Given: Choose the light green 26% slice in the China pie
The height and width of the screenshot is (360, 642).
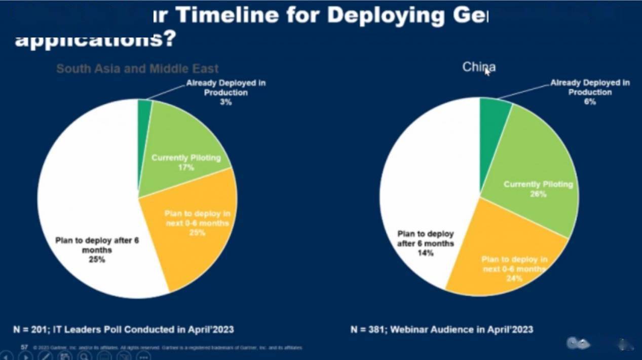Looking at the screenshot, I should [x=537, y=167].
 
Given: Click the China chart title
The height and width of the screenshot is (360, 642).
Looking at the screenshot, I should [x=478, y=67].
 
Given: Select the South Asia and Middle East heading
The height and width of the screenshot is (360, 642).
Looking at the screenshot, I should [x=137, y=69].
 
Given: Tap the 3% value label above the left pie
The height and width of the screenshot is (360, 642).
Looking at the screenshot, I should [x=225, y=102].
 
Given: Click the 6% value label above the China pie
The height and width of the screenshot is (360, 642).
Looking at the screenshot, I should [x=590, y=102].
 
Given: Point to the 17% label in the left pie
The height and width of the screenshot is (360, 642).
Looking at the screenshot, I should [x=186, y=167].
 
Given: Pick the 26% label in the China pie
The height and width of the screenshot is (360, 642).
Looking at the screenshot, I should [x=538, y=194].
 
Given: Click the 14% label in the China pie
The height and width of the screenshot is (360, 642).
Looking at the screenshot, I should [x=426, y=253].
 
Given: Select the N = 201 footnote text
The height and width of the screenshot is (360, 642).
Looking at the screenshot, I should [x=124, y=330].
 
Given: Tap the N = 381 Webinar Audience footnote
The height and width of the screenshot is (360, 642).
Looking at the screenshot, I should [x=441, y=330].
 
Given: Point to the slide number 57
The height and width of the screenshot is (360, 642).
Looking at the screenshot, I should [x=24, y=347].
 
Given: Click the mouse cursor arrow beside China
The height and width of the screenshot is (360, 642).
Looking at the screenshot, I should [x=487, y=71].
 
